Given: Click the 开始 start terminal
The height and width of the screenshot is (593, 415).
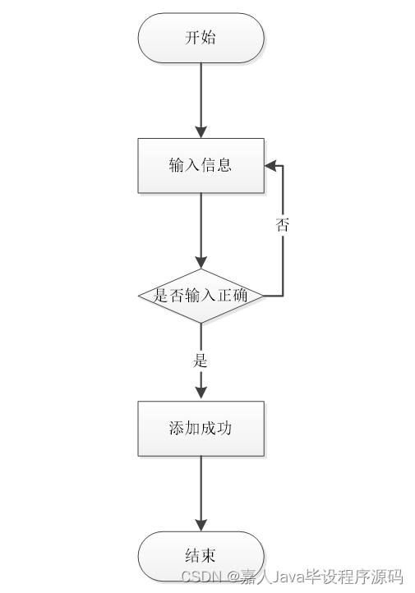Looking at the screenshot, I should tap(201, 38).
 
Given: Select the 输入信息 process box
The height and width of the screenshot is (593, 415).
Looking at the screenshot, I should tap(201, 165).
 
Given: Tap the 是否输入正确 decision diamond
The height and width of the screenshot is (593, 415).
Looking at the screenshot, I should tap(201, 296).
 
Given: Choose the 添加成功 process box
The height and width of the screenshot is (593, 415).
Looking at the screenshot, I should tap(201, 428).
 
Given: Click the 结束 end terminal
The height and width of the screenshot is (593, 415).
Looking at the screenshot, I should tap(201, 556).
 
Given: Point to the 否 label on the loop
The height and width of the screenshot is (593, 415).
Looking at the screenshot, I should tap(283, 224).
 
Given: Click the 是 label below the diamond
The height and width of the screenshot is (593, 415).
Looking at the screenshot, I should tap(200, 360).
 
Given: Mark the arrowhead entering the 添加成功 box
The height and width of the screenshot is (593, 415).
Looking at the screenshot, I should tap(201, 393).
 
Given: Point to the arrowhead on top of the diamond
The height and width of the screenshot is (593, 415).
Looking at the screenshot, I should tap(201, 261).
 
